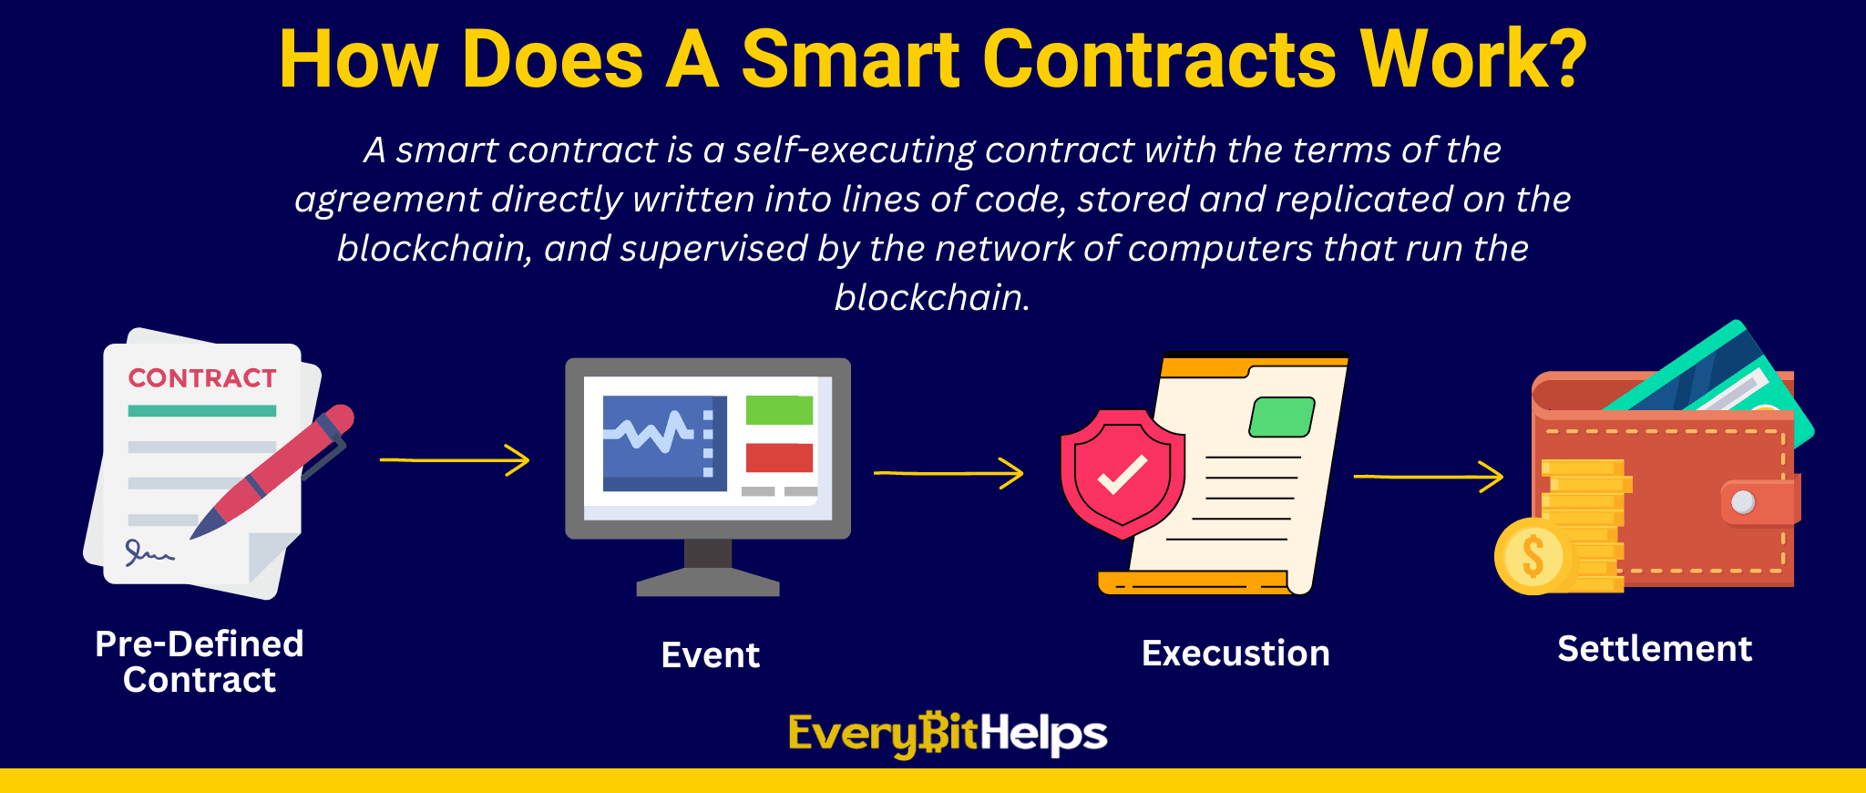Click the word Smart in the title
pos(851,60)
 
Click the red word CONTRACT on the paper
pos(202,378)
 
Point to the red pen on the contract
pos(272,470)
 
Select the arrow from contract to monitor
pos(455,460)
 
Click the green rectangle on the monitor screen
pos(779,410)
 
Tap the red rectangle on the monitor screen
pos(779,458)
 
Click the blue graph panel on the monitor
pos(665,443)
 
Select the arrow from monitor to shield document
pos(948,473)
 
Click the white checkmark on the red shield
pos(1123,474)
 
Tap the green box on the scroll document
pos(1282,417)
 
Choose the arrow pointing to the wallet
pos(1429,477)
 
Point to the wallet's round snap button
pos(1743,502)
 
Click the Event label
pos(711,655)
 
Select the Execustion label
pos(1235,654)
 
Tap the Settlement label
pos(1655,649)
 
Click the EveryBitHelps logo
pos(948,735)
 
